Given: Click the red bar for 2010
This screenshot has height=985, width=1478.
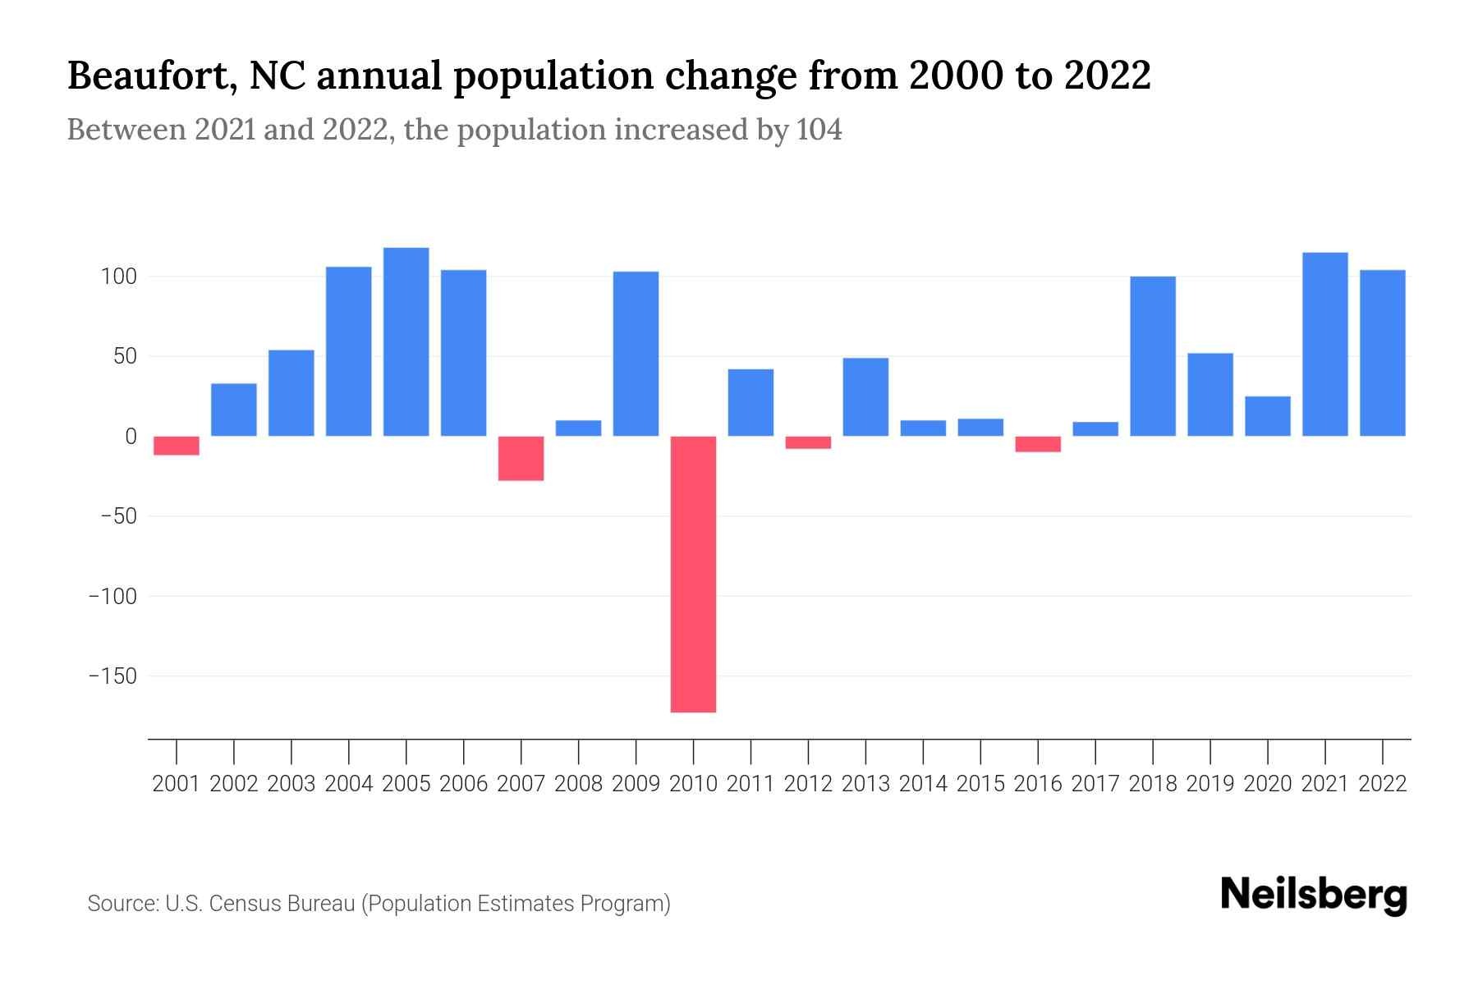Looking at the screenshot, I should coord(693,574).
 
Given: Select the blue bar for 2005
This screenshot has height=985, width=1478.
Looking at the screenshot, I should coord(406,341).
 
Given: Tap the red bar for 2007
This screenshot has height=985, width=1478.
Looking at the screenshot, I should coord(521,458).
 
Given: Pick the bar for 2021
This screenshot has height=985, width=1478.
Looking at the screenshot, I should coord(1324,344).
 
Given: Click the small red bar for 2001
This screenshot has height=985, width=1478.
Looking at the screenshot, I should coord(177,445).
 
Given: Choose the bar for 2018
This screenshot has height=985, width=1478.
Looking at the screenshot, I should coord(1152,356).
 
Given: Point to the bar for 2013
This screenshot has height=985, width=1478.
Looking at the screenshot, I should coord(865,396).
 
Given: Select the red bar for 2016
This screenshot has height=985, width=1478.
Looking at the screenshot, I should coord(1038,444).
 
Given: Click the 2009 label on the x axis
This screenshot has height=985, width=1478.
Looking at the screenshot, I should coord(636,784).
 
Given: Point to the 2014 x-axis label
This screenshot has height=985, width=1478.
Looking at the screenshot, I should coord(923,784).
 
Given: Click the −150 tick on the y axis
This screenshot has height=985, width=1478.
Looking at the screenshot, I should coord(112,676).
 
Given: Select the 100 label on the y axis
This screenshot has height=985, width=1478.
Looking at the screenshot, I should coord(118,277).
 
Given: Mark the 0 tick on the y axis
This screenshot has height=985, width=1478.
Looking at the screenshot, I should coord(130,437).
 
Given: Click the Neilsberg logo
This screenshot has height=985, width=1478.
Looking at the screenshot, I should coord(1313,895).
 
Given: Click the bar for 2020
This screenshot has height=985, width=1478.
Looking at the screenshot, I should coord(1267,416).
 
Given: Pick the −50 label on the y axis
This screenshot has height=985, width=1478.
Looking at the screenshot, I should coord(118,516).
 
